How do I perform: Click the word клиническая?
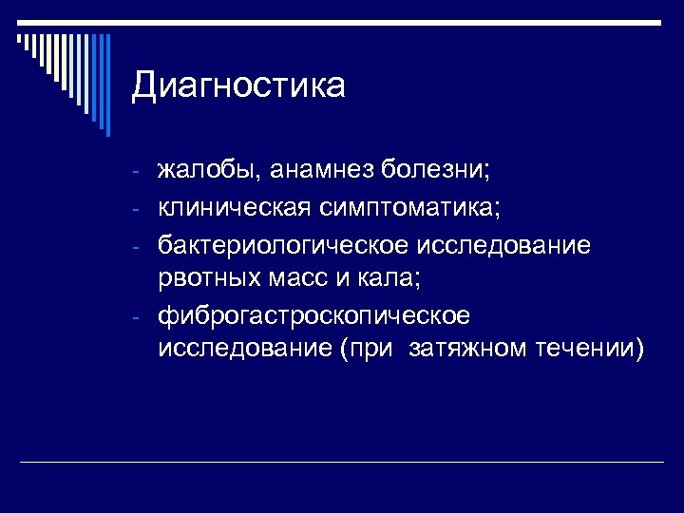[235, 207]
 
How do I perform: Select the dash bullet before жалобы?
[137, 173]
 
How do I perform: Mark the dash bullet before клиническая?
[137, 208]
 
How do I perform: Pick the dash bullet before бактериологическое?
[137, 246]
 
